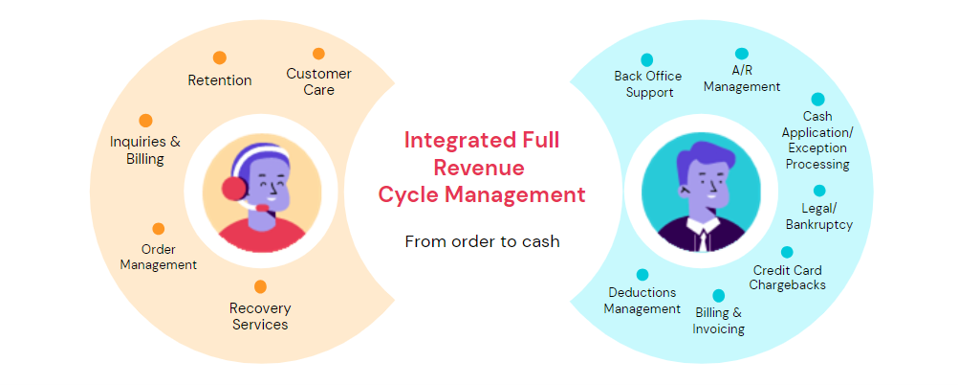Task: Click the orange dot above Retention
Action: pyautogui.click(x=220, y=57)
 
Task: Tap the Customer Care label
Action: pyautogui.click(x=319, y=81)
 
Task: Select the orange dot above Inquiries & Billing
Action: pyautogui.click(x=145, y=121)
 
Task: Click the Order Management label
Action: pyautogui.click(x=159, y=257)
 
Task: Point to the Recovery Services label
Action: pyautogui.click(x=259, y=316)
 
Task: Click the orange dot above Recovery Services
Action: pyautogui.click(x=260, y=286)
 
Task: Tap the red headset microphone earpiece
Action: pyautogui.click(x=233, y=187)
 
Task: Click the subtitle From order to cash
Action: pyautogui.click(x=482, y=241)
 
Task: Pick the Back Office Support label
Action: pyautogui.click(x=649, y=84)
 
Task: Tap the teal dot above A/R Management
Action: pyautogui.click(x=741, y=54)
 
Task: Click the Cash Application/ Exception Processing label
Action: pyautogui.click(x=816, y=141)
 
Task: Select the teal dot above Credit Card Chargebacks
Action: pyautogui.click(x=787, y=253)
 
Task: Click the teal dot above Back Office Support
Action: pyautogui.click(x=647, y=59)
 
